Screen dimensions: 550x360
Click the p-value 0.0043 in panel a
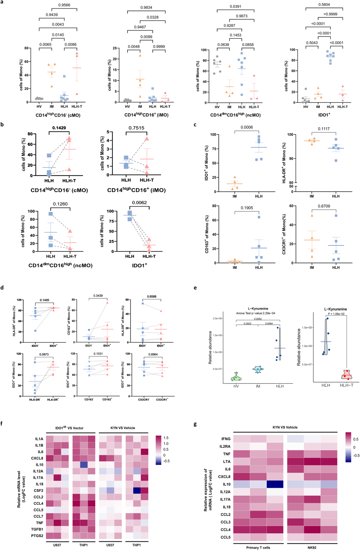[x=58, y=24]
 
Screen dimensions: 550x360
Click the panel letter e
[x=195, y=288]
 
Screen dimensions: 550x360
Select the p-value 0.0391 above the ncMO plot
[x=235, y=6]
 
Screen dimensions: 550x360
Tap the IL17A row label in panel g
[x=225, y=499]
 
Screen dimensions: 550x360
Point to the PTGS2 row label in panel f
[x=37, y=536]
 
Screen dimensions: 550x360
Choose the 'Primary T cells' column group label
[x=258, y=547]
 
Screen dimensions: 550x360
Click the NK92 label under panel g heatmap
[x=312, y=547]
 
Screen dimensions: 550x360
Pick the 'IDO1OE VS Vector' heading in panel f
[x=69, y=428]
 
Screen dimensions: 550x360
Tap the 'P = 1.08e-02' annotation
[x=335, y=314]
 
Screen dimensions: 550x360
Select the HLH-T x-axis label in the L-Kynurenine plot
[x=346, y=385]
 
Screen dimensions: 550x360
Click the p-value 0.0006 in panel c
[x=247, y=127]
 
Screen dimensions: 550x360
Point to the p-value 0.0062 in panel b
[x=139, y=203]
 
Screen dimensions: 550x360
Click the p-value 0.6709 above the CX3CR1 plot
[x=324, y=206]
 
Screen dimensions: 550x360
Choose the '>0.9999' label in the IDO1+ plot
[x=330, y=14]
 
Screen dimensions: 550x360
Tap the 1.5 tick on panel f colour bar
[x=166, y=438]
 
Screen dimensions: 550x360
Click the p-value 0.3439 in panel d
[x=98, y=296]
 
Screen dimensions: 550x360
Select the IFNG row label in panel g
[x=226, y=439]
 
